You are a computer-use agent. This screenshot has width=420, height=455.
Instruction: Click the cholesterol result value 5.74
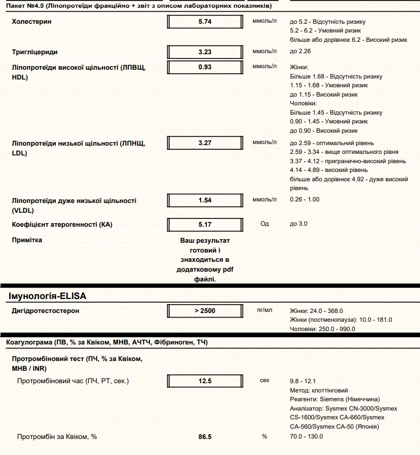tap(205, 22)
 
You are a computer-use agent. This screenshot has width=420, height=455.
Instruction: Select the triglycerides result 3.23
tap(205, 52)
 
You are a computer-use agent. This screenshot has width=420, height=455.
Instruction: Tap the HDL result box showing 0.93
tap(205, 67)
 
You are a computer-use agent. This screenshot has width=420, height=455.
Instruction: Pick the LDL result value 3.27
tap(205, 143)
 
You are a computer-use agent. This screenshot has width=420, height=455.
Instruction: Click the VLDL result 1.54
tap(205, 200)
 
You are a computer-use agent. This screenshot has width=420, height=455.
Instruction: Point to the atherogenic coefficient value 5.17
tap(205, 225)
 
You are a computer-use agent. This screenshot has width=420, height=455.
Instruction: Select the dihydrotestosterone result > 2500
tap(205, 310)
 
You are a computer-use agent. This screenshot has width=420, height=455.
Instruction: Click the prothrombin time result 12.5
tap(205, 381)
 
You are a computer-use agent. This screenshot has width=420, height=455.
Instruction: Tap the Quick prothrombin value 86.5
tap(205, 436)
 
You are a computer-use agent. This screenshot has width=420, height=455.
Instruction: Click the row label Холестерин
tap(32, 22)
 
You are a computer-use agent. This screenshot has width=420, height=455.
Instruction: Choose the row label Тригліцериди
tap(35, 52)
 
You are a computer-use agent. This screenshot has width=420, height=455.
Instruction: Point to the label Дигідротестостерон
tap(46, 310)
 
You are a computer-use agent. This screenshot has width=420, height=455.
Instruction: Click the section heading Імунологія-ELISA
tap(48, 296)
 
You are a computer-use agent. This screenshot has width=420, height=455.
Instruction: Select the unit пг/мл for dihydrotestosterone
tap(264, 310)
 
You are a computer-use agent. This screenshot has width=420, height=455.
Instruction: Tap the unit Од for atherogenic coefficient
tap(264, 224)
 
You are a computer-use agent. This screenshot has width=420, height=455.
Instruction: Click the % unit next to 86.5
tap(264, 436)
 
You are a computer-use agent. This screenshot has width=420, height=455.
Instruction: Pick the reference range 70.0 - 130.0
tap(307, 436)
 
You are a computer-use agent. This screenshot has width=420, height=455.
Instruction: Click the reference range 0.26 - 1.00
tap(305, 200)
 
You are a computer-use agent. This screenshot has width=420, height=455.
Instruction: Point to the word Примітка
tap(27, 240)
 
